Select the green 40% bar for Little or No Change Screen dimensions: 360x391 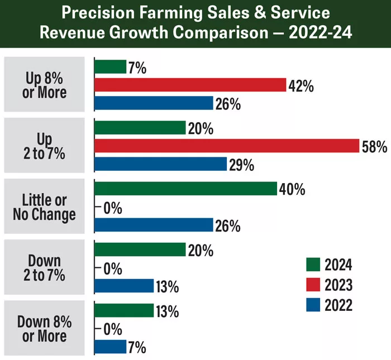185,189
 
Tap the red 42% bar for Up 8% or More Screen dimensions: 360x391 190,85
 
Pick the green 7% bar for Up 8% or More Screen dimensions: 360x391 110,67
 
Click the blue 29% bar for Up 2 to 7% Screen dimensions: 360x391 160,164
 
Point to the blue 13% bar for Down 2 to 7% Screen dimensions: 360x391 123,286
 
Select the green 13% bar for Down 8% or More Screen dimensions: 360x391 123,310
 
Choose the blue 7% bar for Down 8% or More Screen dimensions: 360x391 110,347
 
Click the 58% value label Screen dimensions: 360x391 374,147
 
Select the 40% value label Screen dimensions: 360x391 292,189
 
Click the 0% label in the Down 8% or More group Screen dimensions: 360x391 112,329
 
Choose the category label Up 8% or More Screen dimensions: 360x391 45,84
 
